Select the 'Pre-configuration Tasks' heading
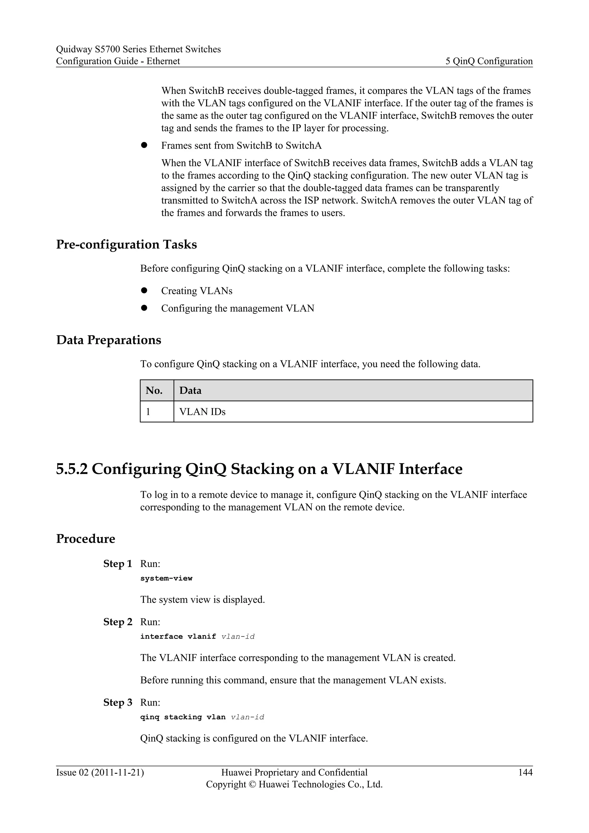126,244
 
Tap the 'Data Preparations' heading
108,340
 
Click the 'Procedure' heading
86,539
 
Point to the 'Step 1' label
118,564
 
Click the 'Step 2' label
118,622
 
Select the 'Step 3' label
118,702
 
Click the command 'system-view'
166,578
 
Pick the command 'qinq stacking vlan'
183,717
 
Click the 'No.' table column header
154,391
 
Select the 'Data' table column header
190,391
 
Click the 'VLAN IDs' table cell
202,412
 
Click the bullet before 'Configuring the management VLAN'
144,308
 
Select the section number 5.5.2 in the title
72,469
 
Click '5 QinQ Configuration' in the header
489,61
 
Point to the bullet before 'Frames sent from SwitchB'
144,145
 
